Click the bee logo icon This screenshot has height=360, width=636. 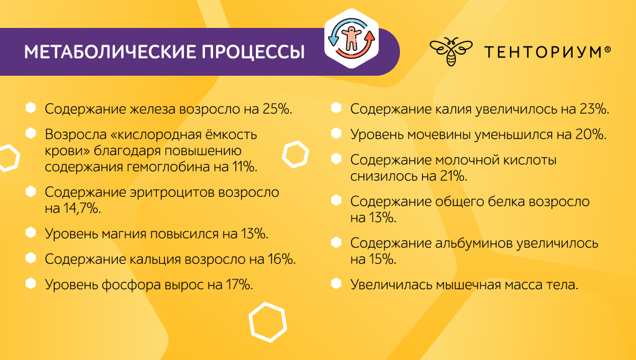(451, 52)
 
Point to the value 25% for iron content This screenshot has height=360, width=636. (278, 109)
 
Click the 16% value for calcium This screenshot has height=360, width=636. (281, 259)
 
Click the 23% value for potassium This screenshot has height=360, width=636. (594, 109)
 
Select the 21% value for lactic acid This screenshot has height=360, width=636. (453, 176)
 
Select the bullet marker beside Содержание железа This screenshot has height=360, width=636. (30, 108)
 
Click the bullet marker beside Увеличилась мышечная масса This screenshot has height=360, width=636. (336, 284)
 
